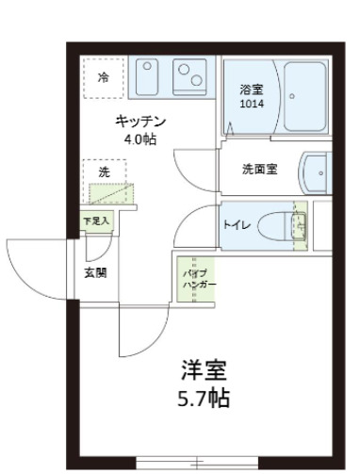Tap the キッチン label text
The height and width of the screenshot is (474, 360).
pos(140,122)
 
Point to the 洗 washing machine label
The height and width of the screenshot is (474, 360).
pos(105,173)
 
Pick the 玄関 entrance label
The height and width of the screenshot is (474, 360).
pos(94,273)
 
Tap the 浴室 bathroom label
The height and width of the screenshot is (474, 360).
pos(251,89)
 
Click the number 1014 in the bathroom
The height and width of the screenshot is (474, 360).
pos(251,105)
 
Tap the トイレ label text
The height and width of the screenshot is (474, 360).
pos(237,225)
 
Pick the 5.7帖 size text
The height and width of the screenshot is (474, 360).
pos(204,398)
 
